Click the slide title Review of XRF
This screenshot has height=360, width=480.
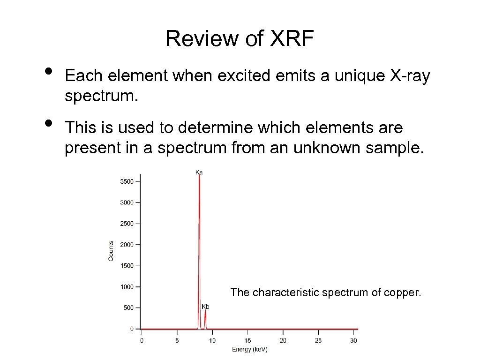239,38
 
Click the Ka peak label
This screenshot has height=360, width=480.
199,172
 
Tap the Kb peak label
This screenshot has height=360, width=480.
205,307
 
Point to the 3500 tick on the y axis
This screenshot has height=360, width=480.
127,181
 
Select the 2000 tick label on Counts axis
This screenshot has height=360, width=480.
127,245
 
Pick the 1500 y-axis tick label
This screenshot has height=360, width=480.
127,266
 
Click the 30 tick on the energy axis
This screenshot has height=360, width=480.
354,340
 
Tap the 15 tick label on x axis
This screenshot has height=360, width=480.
247,340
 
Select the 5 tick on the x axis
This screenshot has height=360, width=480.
177,340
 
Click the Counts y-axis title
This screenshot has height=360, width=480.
111,251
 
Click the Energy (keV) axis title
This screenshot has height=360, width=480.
249,350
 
